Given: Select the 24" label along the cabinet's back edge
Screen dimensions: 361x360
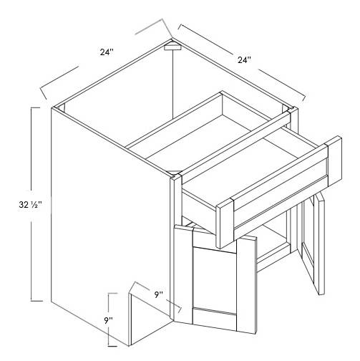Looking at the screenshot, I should coord(245,62).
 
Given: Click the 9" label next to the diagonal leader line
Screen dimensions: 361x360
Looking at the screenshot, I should coord(158,294).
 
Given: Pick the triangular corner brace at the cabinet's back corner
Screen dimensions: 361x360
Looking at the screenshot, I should coord(171,48).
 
